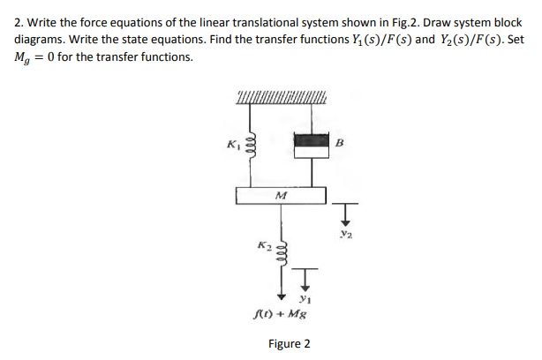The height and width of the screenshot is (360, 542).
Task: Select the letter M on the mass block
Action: point(281,195)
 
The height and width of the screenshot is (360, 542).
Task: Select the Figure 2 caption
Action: point(290,342)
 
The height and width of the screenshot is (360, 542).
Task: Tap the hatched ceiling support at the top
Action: point(281,96)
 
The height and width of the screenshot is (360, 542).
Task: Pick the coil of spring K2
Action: point(281,248)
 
